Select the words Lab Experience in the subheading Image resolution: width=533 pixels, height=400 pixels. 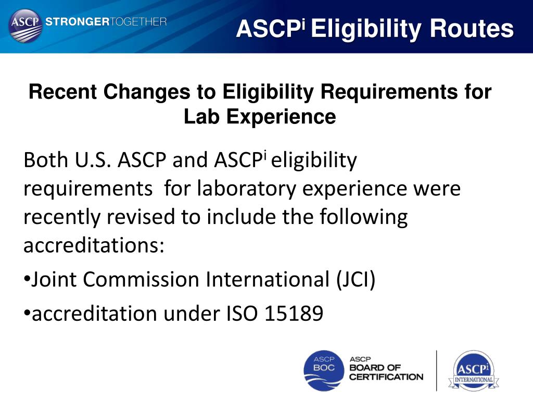(x=260, y=117)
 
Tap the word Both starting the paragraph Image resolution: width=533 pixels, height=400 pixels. (x=44, y=160)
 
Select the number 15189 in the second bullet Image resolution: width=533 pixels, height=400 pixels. (x=294, y=314)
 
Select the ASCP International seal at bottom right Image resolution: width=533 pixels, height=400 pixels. (x=473, y=370)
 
